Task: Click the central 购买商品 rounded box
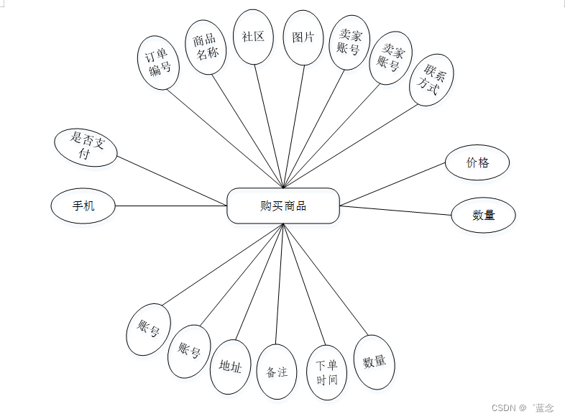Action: (x=282, y=206)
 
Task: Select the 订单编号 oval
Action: (x=158, y=63)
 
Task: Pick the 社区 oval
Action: (x=253, y=37)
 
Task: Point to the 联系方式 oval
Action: (x=431, y=80)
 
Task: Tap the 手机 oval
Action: (x=83, y=206)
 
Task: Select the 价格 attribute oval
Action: (x=477, y=162)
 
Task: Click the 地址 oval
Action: (x=230, y=367)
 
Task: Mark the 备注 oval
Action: (x=277, y=372)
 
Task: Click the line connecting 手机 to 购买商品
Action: (x=171, y=206)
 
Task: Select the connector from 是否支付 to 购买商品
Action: (x=173, y=180)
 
